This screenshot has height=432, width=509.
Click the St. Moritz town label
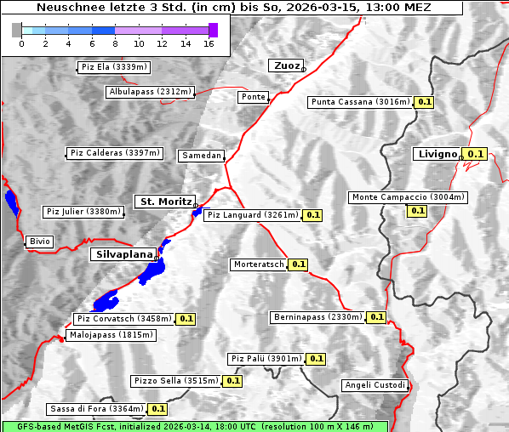tap(164, 202)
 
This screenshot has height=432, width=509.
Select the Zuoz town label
tap(284, 65)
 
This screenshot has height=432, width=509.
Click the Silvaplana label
tap(123, 254)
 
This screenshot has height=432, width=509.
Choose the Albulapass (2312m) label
tap(150, 92)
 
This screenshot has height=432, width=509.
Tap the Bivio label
tap(39, 242)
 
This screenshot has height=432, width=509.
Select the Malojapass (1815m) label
tap(110, 336)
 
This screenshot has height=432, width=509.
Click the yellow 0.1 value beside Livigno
tap(475, 154)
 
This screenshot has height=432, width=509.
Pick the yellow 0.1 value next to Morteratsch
tap(298, 264)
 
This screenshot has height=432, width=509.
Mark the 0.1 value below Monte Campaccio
tap(417, 210)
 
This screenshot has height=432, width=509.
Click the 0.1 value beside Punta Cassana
tap(425, 102)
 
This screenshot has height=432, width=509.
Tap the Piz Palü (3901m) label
tap(266, 359)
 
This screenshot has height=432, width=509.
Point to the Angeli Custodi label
tap(375, 385)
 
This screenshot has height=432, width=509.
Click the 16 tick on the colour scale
tap(209, 43)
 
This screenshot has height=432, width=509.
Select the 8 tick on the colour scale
tap(115, 43)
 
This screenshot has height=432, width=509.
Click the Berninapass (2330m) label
tap(317, 317)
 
